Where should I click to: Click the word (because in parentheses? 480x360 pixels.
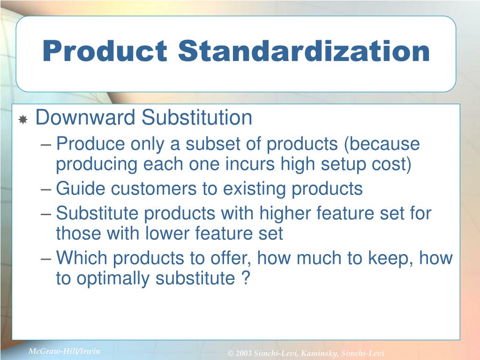click(382, 145)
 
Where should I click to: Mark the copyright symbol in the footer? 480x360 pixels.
click(230, 353)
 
